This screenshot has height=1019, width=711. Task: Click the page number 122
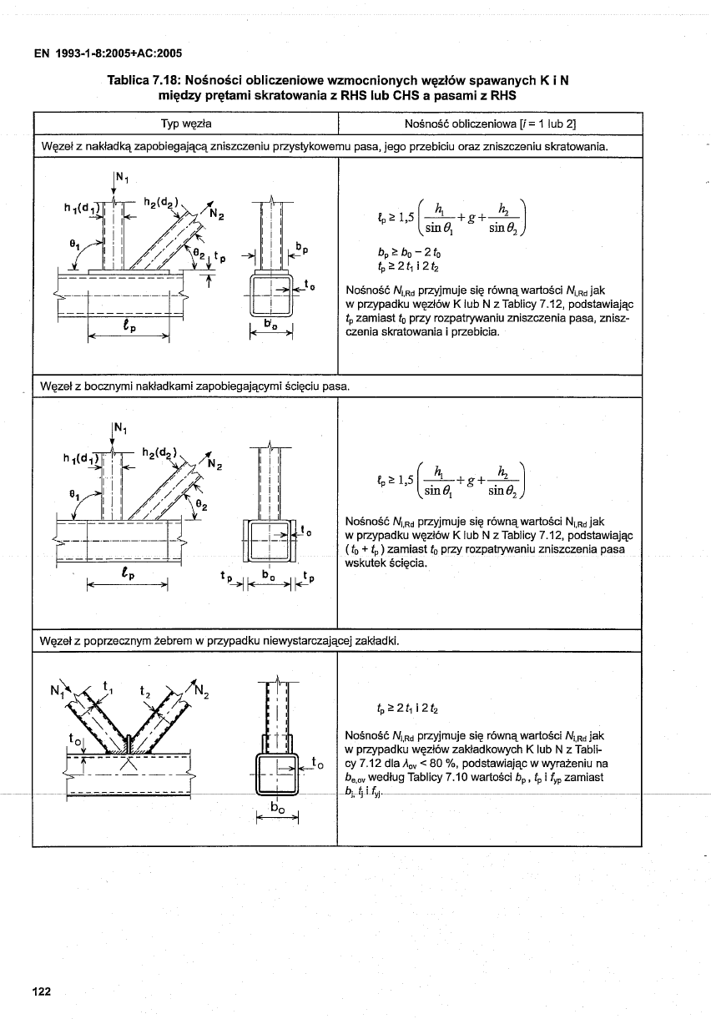(42, 991)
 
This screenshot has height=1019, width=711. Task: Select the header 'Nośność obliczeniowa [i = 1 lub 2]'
(490, 124)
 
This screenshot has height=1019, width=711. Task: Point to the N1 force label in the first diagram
(121, 177)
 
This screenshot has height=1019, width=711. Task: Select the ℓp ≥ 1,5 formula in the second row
(455, 480)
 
